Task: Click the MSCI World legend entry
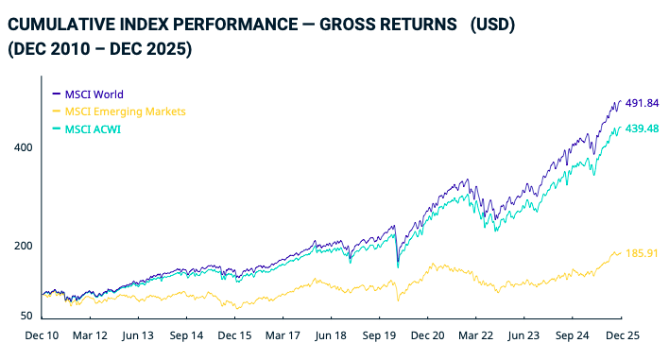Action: coord(94,94)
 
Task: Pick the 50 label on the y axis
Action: coord(26,317)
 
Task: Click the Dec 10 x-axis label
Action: coord(42,335)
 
